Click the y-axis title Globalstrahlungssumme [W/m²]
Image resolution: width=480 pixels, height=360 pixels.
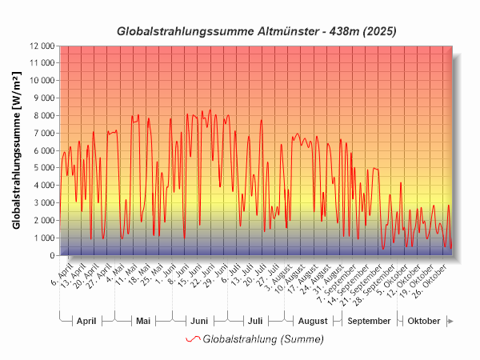click(17, 150)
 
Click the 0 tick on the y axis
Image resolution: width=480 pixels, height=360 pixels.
click(51, 255)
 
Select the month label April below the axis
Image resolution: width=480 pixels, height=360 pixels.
click(86, 321)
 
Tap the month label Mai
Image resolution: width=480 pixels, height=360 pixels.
click(143, 321)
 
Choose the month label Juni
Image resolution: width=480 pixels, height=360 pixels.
click(198, 321)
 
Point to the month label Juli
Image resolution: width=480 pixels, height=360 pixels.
click(254, 321)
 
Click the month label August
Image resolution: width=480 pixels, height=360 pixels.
click(312, 321)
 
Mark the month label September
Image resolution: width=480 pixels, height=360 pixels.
click(370, 321)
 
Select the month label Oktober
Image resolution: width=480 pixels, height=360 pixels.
click(423, 321)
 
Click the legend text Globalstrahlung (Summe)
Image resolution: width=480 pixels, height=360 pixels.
click(263, 339)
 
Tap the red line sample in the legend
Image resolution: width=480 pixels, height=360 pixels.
click(193, 339)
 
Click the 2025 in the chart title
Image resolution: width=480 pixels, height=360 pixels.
click(379, 32)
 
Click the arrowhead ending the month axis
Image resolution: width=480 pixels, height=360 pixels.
click(450, 321)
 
